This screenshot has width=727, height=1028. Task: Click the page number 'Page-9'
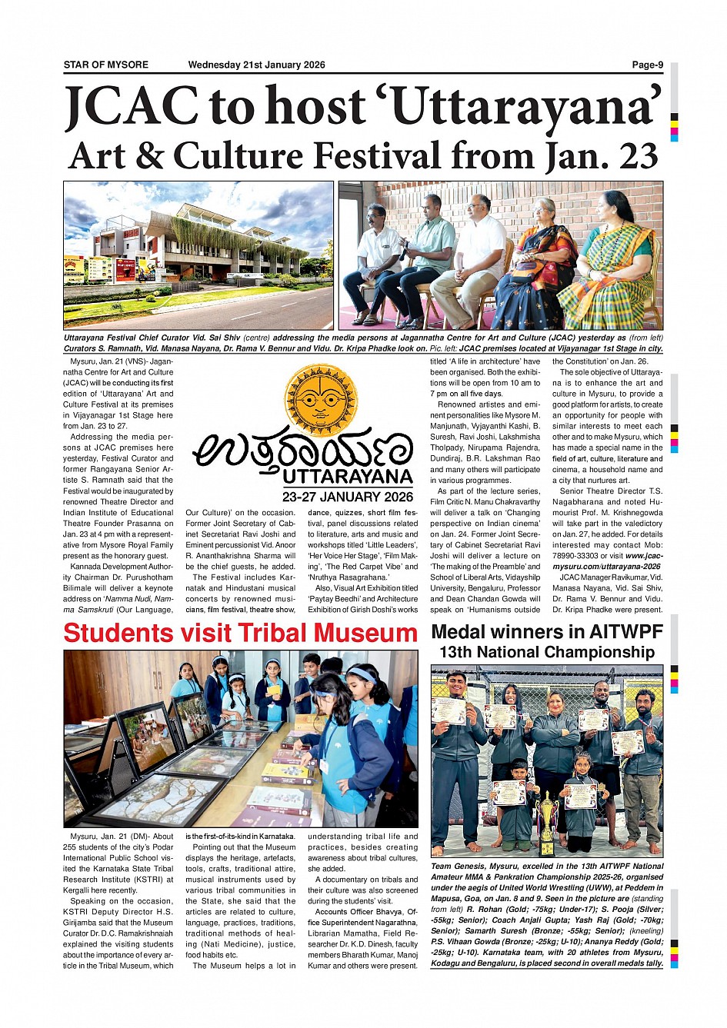647,65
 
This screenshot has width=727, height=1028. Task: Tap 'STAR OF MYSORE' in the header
106,65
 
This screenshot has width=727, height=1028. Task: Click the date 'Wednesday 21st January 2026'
256,65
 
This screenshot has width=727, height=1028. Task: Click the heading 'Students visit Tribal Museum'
240,633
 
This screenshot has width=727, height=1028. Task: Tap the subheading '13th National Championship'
547,653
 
